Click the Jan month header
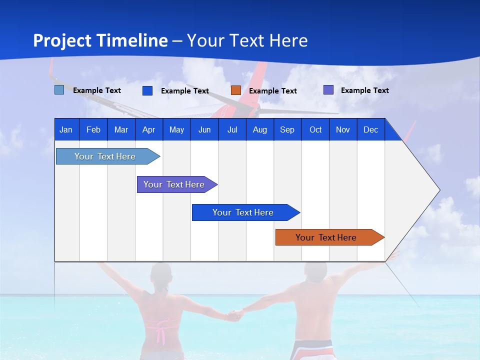point(66,129)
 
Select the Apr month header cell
point(148,129)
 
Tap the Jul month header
point(232,129)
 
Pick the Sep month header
point(287,129)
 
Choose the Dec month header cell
point(370,129)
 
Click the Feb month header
point(93,129)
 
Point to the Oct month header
point(315,129)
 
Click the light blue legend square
point(59,90)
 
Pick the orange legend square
point(235,90)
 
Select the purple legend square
point(328,90)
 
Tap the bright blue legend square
point(147,90)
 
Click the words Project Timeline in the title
point(100,40)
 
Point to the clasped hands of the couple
point(235,315)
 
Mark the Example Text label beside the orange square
point(272,91)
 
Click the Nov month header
point(343,129)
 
